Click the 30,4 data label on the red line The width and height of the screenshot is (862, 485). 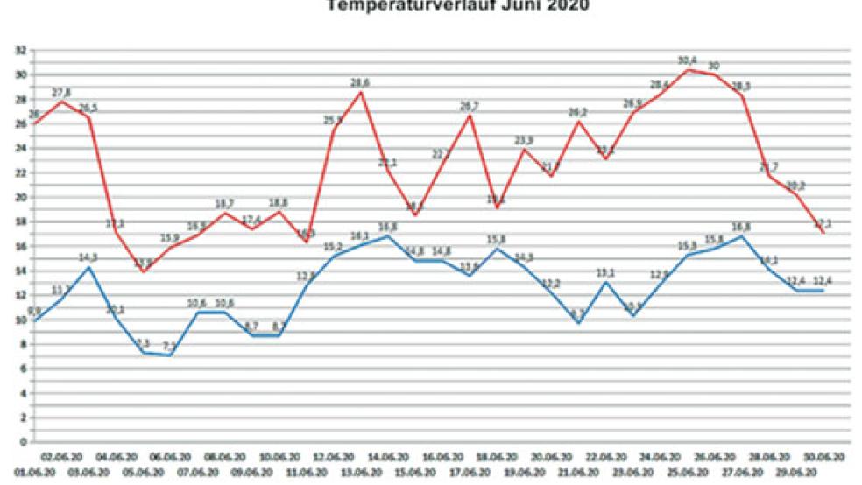point(687,60)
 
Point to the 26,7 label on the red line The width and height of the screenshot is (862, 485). point(470,106)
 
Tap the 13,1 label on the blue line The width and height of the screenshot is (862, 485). point(605,272)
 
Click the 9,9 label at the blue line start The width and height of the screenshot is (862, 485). point(36,311)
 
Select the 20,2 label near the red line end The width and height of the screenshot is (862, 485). point(796,185)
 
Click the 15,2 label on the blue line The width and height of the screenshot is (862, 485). point(334,247)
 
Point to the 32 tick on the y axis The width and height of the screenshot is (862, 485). point(20,50)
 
